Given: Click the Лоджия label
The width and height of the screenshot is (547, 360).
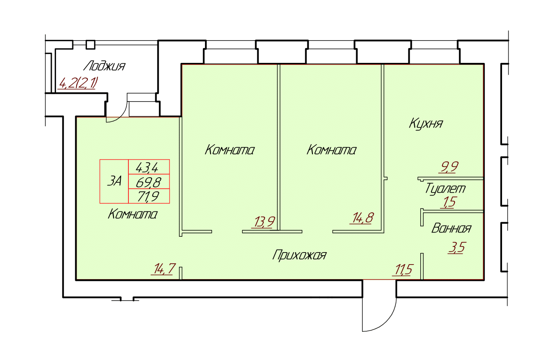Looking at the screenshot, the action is (104, 66).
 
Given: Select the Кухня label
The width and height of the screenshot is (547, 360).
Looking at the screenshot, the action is (426, 124).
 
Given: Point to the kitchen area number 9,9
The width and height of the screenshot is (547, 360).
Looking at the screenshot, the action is (449, 167).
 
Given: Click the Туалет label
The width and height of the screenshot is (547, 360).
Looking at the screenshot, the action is (446, 188).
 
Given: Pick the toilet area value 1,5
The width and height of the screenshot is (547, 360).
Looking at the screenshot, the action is (449, 202).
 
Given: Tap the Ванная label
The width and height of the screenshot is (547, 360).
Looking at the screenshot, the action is (451, 229).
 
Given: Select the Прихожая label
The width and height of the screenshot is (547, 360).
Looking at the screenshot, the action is (299, 255).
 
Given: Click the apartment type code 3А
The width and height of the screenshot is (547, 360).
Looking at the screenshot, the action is (114, 181).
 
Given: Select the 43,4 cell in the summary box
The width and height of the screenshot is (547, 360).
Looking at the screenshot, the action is (147, 167).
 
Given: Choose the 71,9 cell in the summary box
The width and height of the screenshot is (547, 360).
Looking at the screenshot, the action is (148, 196).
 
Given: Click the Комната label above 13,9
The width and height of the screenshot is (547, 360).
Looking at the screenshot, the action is (229, 150).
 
